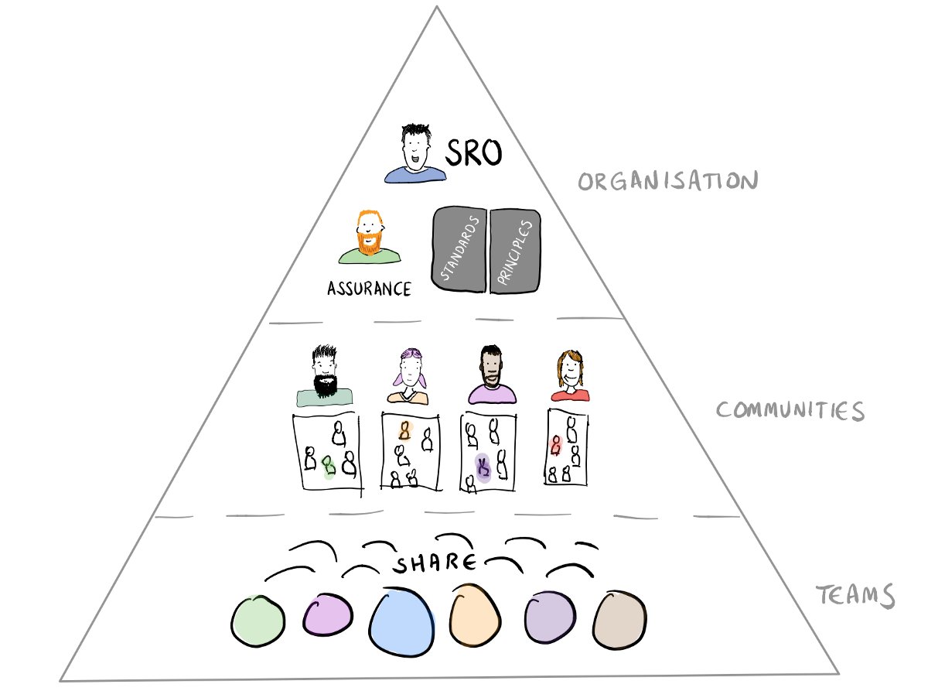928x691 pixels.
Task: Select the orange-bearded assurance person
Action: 369,236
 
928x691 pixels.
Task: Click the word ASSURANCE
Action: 369,289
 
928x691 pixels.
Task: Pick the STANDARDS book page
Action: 460,249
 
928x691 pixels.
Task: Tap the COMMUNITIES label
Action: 790,410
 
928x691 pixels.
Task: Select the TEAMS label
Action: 856,597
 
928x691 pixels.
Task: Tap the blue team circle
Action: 400,623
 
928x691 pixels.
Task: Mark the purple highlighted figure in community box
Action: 484,467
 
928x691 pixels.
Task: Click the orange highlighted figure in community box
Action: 404,430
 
